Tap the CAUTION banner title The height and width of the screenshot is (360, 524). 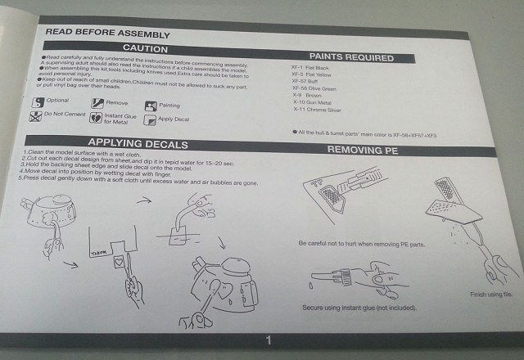(146, 50)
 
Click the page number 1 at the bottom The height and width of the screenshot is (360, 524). (267, 340)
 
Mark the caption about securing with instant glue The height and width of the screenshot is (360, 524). (359, 308)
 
